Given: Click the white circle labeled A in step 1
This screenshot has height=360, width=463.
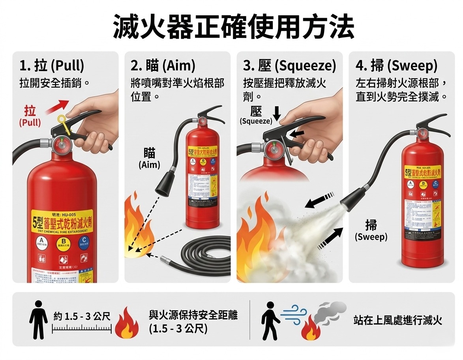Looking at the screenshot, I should click(41, 241).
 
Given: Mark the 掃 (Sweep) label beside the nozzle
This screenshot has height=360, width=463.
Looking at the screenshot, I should click(371, 231).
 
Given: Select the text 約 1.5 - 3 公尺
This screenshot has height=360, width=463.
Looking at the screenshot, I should click(82, 316).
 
